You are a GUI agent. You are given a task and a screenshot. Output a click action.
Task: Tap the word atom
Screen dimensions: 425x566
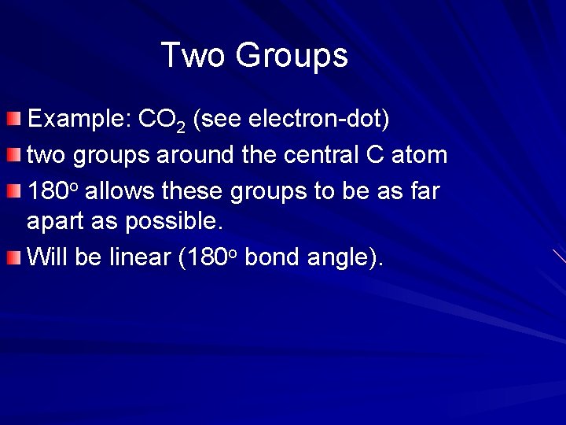pyautogui.click(x=419, y=154)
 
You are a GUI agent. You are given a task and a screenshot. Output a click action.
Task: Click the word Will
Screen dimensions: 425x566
pyautogui.click(x=46, y=257)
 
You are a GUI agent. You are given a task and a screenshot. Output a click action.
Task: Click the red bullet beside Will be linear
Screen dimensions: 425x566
pyautogui.click(x=14, y=257)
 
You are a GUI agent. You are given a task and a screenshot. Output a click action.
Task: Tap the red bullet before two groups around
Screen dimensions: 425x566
pyautogui.click(x=14, y=155)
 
